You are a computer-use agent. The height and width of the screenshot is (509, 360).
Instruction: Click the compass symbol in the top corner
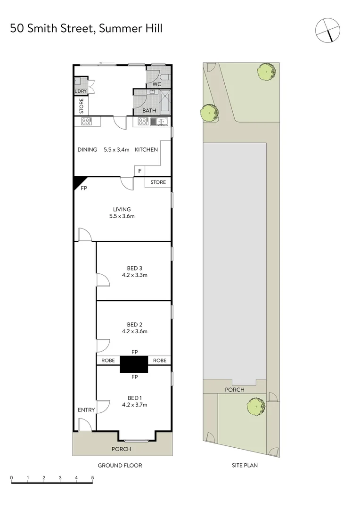pyautogui.click(x=327, y=30)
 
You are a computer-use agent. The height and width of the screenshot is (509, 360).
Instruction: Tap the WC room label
pyautogui.click(x=157, y=84)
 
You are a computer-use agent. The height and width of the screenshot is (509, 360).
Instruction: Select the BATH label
pyautogui.click(x=149, y=111)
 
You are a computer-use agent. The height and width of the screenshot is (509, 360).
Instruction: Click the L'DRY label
pyautogui.click(x=80, y=91)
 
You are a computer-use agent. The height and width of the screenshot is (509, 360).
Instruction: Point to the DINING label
pyautogui.click(x=87, y=150)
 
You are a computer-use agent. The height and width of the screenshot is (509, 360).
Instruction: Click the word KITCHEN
pyautogui.click(x=147, y=150)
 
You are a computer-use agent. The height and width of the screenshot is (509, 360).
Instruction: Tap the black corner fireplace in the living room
pyautogui.click(x=79, y=182)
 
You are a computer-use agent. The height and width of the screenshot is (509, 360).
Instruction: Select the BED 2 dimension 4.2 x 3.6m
pyautogui.click(x=134, y=331)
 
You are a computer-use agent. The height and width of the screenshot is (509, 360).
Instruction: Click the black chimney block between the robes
pyautogui.click(x=134, y=364)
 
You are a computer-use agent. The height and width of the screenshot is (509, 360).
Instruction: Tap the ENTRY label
pyautogui.click(x=86, y=410)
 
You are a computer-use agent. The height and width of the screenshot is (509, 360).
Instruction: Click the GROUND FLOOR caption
pyautogui.click(x=120, y=466)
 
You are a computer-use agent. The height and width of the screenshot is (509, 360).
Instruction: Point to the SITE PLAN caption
pyautogui.click(x=245, y=466)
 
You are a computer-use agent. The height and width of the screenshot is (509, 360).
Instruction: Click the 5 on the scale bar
pyautogui.click(x=93, y=478)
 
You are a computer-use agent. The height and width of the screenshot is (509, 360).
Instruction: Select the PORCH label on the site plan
pyautogui.click(x=235, y=390)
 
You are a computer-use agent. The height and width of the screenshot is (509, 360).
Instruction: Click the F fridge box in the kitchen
pyautogui.click(x=140, y=171)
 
